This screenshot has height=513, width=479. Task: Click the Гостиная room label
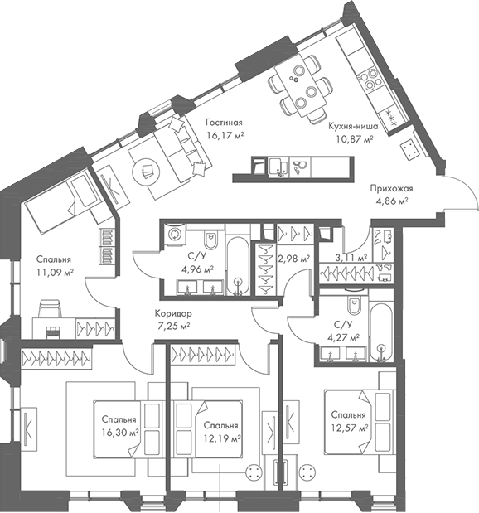pos(225,121)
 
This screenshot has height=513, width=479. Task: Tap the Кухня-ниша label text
pos(353,127)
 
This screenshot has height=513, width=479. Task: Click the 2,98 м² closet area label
pos(294,259)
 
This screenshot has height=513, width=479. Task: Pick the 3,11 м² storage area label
pos(351,259)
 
